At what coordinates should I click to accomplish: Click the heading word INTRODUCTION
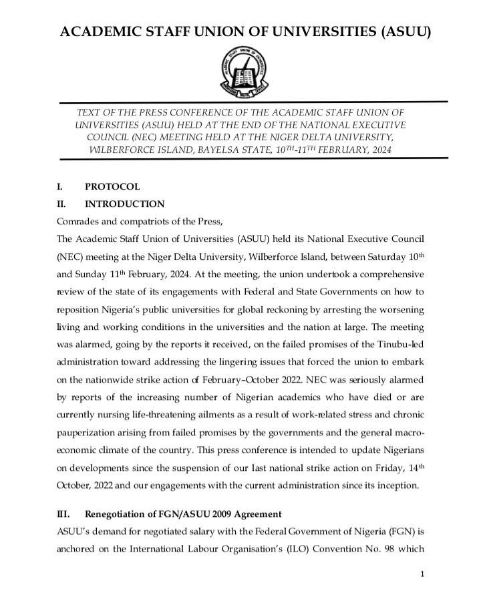click(x=124, y=204)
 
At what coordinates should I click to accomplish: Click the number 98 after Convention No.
click(x=371, y=548)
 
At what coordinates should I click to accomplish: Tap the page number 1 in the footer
click(x=424, y=574)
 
